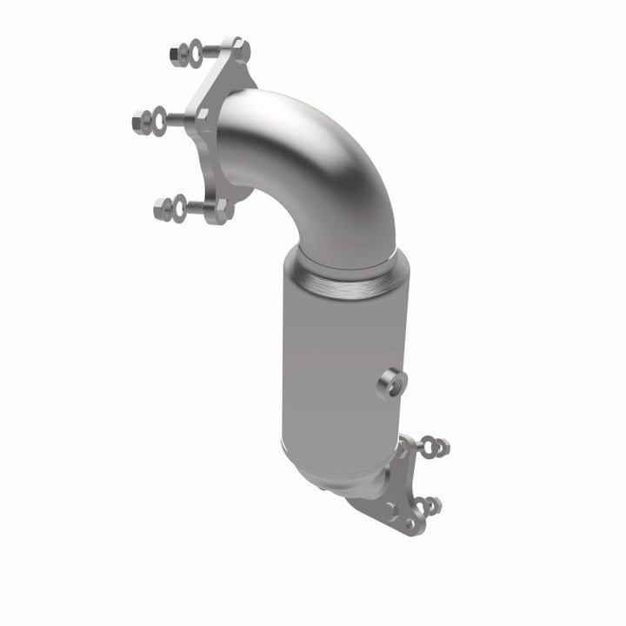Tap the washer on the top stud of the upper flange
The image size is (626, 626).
pyautogui.click(x=196, y=51)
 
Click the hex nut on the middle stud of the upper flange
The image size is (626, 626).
pyautogui.click(x=142, y=119)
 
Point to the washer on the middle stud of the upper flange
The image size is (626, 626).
pyautogui.click(x=159, y=118)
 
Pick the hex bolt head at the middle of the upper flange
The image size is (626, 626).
pyautogui.click(x=202, y=117)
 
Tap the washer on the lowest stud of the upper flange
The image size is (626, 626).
pyautogui.click(x=179, y=208)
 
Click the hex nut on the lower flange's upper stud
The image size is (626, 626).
pyautogui.click(x=442, y=447)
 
